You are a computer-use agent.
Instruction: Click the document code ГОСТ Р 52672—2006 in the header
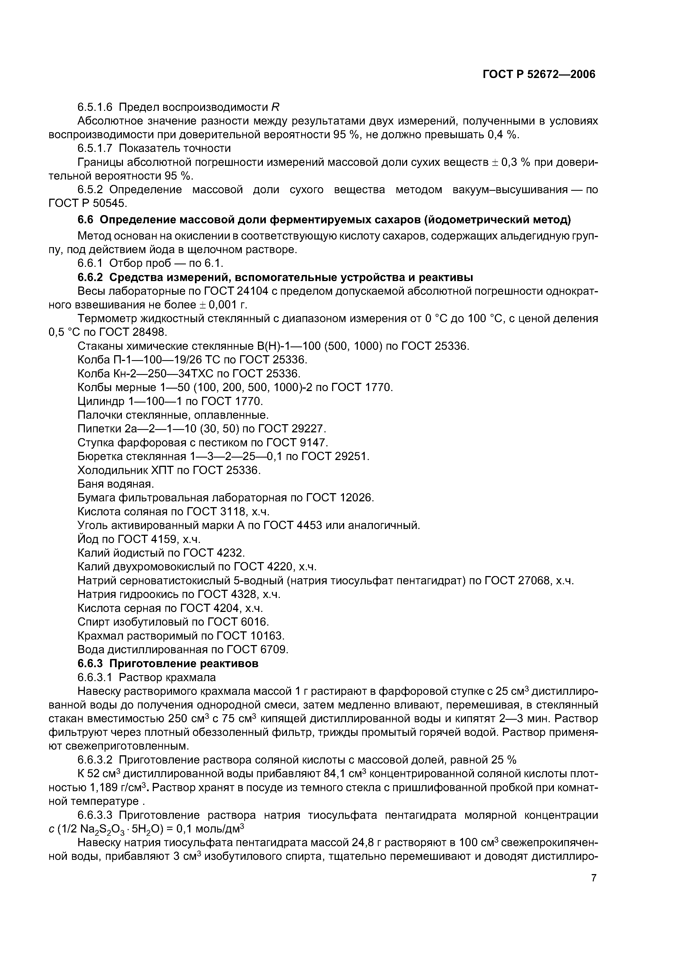point(539,74)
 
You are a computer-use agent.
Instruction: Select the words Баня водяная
point(116,484)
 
